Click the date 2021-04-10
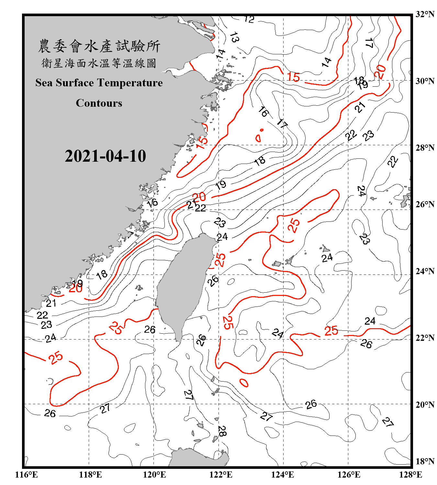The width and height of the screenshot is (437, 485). [x=105, y=156]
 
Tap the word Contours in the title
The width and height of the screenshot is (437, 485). [x=99, y=103]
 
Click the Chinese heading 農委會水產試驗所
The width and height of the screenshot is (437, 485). [x=99, y=46]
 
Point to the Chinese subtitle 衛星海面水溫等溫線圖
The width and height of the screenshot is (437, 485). [x=99, y=63]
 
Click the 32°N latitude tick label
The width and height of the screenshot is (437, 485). [x=425, y=14]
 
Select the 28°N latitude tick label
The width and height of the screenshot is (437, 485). [x=425, y=148]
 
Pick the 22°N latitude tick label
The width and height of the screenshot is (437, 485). [x=425, y=338]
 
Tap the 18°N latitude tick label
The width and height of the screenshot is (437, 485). [x=425, y=461]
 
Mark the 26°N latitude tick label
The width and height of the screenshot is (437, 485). [x=425, y=205]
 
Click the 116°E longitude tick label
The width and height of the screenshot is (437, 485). [x=27, y=475]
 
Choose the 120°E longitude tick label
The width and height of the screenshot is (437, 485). [x=154, y=475]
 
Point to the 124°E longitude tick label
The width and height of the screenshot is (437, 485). [x=283, y=475]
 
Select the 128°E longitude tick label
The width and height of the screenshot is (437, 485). [x=410, y=475]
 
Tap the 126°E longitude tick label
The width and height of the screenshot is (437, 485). [x=349, y=475]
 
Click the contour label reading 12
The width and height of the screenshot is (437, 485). [x=249, y=19]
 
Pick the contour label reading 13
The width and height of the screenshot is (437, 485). [x=234, y=38]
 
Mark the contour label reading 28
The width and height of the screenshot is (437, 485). [x=222, y=431]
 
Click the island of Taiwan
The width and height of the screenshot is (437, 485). [x=183, y=285]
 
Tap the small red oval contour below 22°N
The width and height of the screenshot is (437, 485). [x=244, y=383]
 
